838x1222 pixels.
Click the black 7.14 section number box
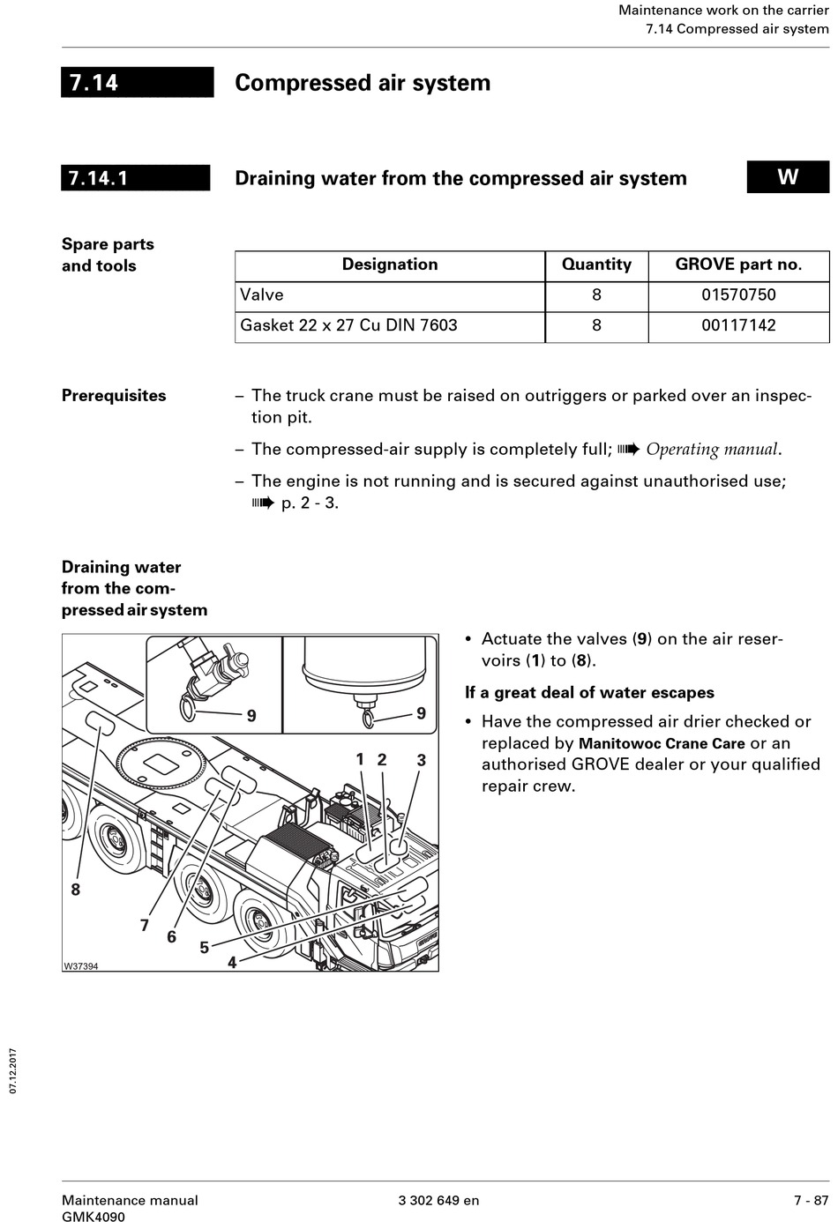point(137,82)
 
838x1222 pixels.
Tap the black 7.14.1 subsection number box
point(135,177)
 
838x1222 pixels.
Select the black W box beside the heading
point(788,176)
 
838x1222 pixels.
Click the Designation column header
point(389,265)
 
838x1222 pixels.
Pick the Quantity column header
point(596,265)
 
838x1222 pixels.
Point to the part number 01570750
point(738,294)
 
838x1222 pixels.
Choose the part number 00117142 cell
point(738,325)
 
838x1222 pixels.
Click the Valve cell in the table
point(262,294)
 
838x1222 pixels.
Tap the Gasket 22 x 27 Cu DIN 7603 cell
point(348,325)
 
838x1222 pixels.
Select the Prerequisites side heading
point(114,396)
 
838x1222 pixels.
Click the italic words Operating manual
point(712,450)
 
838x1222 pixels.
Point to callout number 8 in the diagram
point(76,890)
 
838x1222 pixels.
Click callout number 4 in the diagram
point(232,963)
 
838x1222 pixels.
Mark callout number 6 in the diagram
point(172,936)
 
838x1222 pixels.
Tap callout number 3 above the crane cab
point(422,760)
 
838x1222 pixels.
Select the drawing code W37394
point(80,966)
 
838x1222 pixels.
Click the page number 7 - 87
point(811,1200)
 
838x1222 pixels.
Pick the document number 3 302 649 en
point(438,1200)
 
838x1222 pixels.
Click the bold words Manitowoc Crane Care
point(662,743)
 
